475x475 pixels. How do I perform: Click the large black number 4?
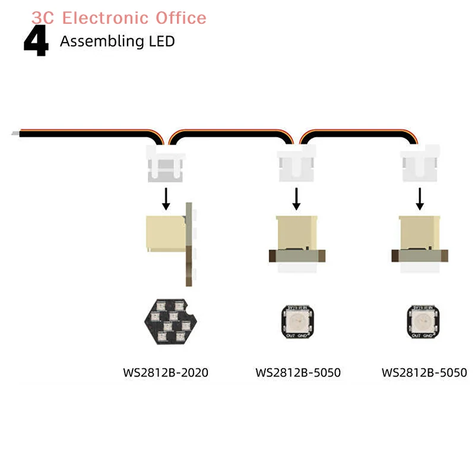(x=36, y=42)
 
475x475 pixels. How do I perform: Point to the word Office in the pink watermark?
(x=181, y=18)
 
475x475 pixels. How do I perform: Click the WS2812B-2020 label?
(x=166, y=373)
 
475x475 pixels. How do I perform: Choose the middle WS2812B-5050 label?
(x=298, y=373)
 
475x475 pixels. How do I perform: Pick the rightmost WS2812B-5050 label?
(x=424, y=373)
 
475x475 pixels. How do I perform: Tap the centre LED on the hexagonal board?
(x=170, y=321)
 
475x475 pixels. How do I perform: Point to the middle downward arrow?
(x=296, y=199)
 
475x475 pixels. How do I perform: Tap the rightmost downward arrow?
(x=420, y=199)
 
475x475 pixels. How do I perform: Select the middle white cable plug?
(x=296, y=166)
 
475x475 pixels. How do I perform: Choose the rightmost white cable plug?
(x=420, y=166)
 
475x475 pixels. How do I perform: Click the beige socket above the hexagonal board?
(x=165, y=233)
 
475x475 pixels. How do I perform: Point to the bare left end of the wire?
(x=14, y=134)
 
